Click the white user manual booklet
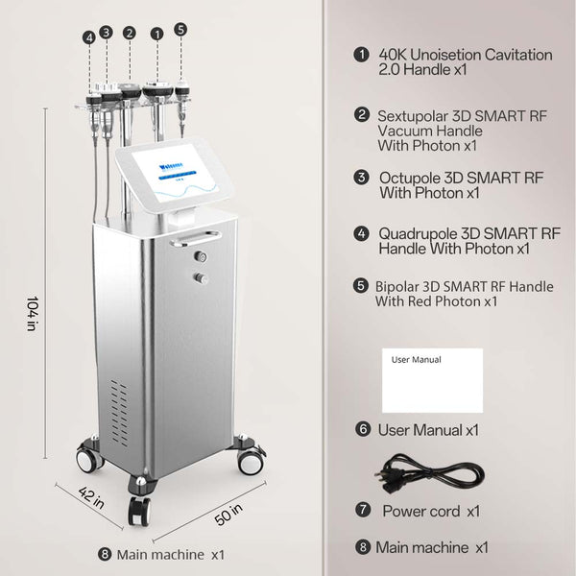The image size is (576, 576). [x=432, y=381]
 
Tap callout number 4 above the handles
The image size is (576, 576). [x=89, y=37]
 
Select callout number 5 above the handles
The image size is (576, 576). [x=180, y=30]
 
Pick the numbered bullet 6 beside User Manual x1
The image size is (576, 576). [x=362, y=428]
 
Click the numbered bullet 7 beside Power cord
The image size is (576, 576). [x=362, y=510]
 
